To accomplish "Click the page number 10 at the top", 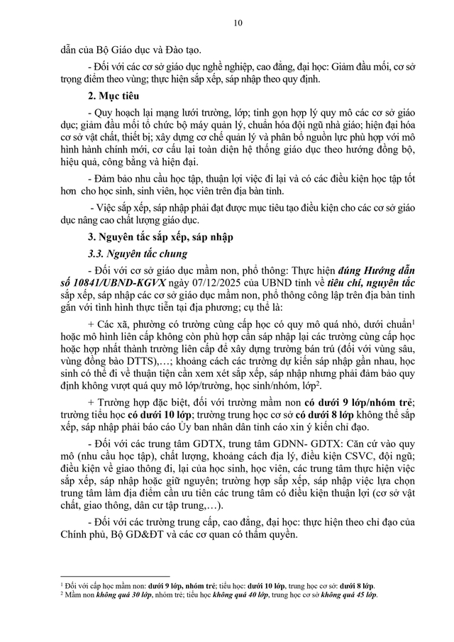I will pyautogui.click(x=237, y=23).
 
